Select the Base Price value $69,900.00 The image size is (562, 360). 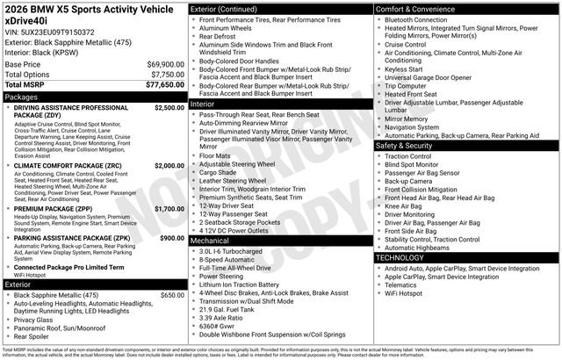click(x=165, y=65)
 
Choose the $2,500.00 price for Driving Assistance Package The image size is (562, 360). click(x=169, y=107)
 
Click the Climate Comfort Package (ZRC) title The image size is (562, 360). click(x=68, y=165)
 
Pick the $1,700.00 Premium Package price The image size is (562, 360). click(x=169, y=209)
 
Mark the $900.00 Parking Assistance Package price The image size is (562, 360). click(x=172, y=238)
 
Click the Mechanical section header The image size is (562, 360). click(x=210, y=240)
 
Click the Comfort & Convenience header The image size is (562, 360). click(x=416, y=9)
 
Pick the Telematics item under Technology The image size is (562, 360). click(x=405, y=284)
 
